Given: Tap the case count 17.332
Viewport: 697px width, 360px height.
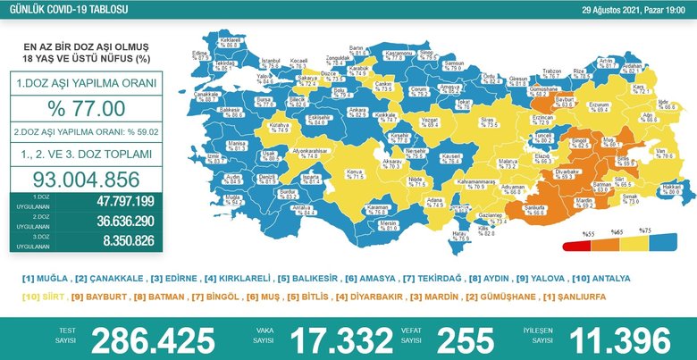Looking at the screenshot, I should click(x=338, y=339).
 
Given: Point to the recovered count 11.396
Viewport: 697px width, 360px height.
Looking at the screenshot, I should click(x=616, y=339).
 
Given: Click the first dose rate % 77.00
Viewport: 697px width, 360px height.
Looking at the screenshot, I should click(x=86, y=108).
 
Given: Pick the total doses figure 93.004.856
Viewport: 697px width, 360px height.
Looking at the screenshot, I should click(x=86, y=177).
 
